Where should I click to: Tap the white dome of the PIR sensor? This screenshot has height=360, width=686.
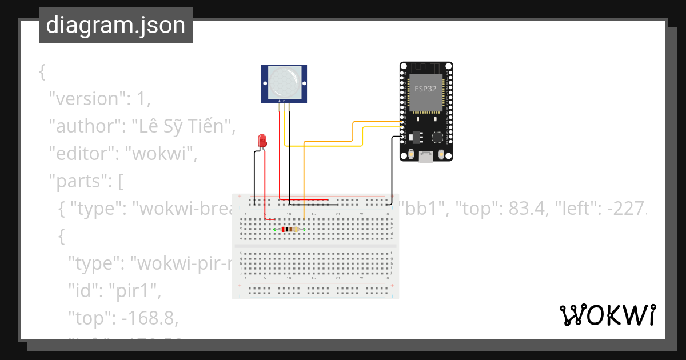[284, 82]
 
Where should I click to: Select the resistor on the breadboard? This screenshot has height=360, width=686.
[290, 229]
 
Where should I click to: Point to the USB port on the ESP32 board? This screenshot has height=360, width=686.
[426, 157]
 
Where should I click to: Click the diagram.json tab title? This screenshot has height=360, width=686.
[115, 25]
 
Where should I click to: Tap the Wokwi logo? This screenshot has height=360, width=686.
[607, 315]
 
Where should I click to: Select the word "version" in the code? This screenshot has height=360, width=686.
[86, 99]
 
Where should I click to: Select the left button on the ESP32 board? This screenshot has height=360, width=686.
[411, 154]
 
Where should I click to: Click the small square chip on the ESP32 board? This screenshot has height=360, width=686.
[438, 137]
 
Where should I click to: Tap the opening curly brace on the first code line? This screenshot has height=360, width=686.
[42, 72]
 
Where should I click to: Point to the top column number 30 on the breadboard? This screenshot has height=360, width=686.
[387, 214]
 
